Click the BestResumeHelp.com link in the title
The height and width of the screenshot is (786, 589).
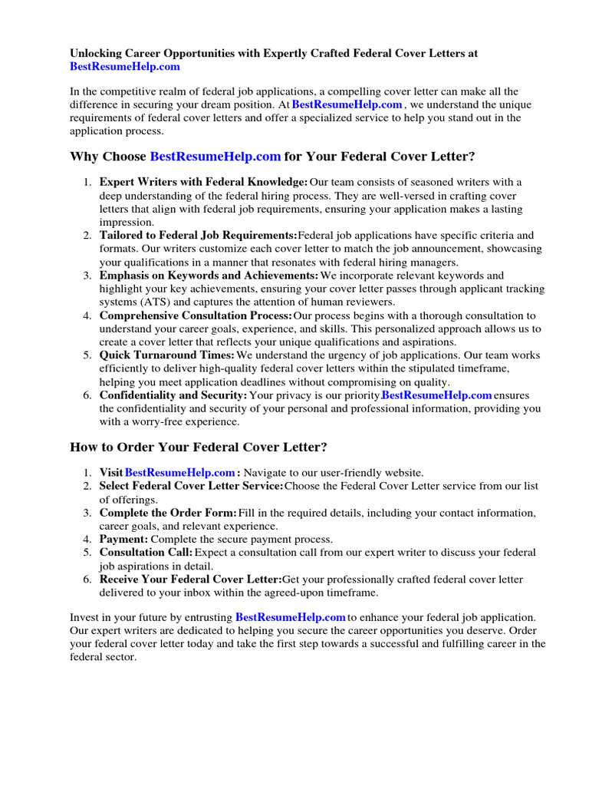click(x=125, y=67)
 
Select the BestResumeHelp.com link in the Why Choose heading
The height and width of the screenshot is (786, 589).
click(x=216, y=157)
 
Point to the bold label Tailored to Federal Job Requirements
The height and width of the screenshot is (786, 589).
click(x=198, y=235)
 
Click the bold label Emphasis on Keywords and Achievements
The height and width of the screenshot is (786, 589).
click(x=209, y=275)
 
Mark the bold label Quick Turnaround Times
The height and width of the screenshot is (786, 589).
click(x=167, y=355)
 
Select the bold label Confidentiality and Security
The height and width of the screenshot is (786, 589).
click(x=173, y=395)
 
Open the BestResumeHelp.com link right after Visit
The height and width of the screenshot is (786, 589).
click(x=179, y=473)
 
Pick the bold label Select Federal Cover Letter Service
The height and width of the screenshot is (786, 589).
click(x=191, y=486)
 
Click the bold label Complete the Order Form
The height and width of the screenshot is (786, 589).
click(x=168, y=513)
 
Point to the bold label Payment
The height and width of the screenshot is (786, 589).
click(x=123, y=539)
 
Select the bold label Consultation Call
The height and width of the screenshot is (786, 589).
click(x=146, y=553)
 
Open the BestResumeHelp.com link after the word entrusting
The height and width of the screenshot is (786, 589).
click(x=290, y=617)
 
